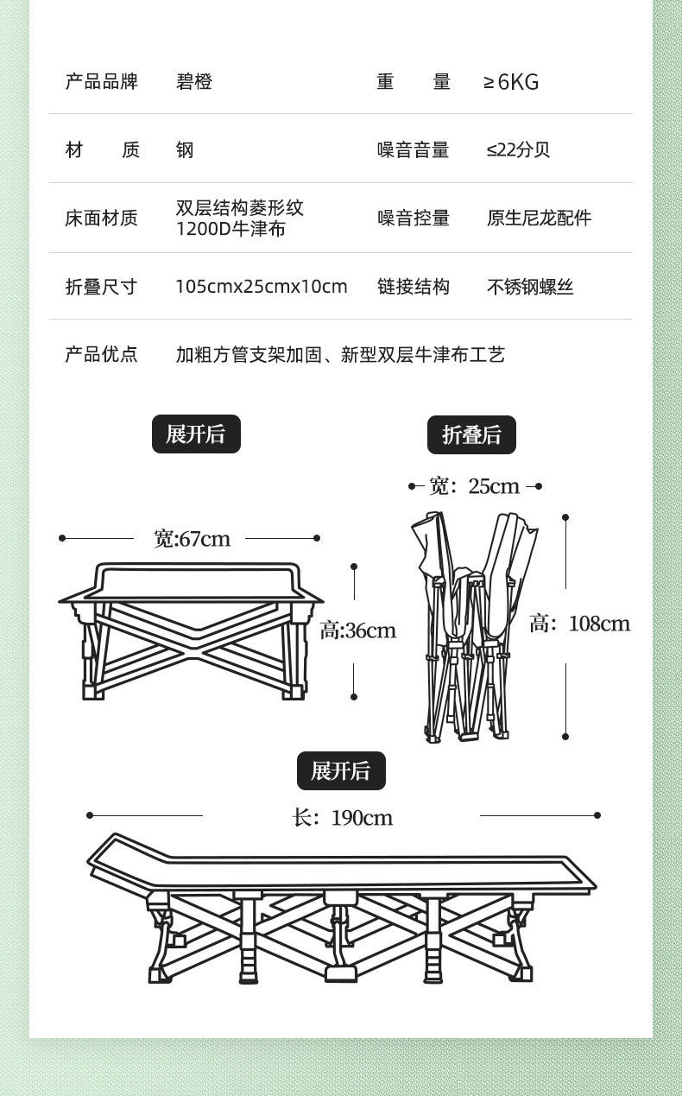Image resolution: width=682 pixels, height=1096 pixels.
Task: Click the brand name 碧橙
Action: (194, 82)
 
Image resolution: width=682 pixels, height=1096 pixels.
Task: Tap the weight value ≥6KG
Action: (511, 82)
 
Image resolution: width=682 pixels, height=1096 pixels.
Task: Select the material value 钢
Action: (185, 150)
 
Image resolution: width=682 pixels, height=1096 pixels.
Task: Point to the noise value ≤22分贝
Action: (518, 149)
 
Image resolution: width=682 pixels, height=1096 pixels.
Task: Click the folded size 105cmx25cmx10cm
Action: (262, 287)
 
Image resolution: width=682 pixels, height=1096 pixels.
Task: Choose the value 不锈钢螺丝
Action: (530, 288)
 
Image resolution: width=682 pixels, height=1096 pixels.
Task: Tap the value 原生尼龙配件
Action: (539, 219)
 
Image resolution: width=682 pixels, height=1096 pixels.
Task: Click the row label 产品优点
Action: (101, 354)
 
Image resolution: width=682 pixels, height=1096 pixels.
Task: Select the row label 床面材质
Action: (101, 219)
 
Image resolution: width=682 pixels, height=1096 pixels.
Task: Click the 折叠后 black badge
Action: (471, 435)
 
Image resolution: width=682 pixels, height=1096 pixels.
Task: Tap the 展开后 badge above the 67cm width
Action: (196, 434)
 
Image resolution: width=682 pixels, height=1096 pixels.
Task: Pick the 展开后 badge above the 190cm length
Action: (341, 771)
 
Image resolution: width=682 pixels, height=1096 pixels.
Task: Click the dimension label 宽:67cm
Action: (193, 539)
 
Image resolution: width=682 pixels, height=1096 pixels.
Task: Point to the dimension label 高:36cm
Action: (358, 630)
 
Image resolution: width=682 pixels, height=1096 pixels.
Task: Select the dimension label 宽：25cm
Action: (475, 486)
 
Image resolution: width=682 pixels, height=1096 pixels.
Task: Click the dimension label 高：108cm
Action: (579, 624)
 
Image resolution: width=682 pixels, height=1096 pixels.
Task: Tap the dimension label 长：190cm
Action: (343, 817)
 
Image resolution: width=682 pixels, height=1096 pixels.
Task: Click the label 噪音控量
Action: (414, 219)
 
